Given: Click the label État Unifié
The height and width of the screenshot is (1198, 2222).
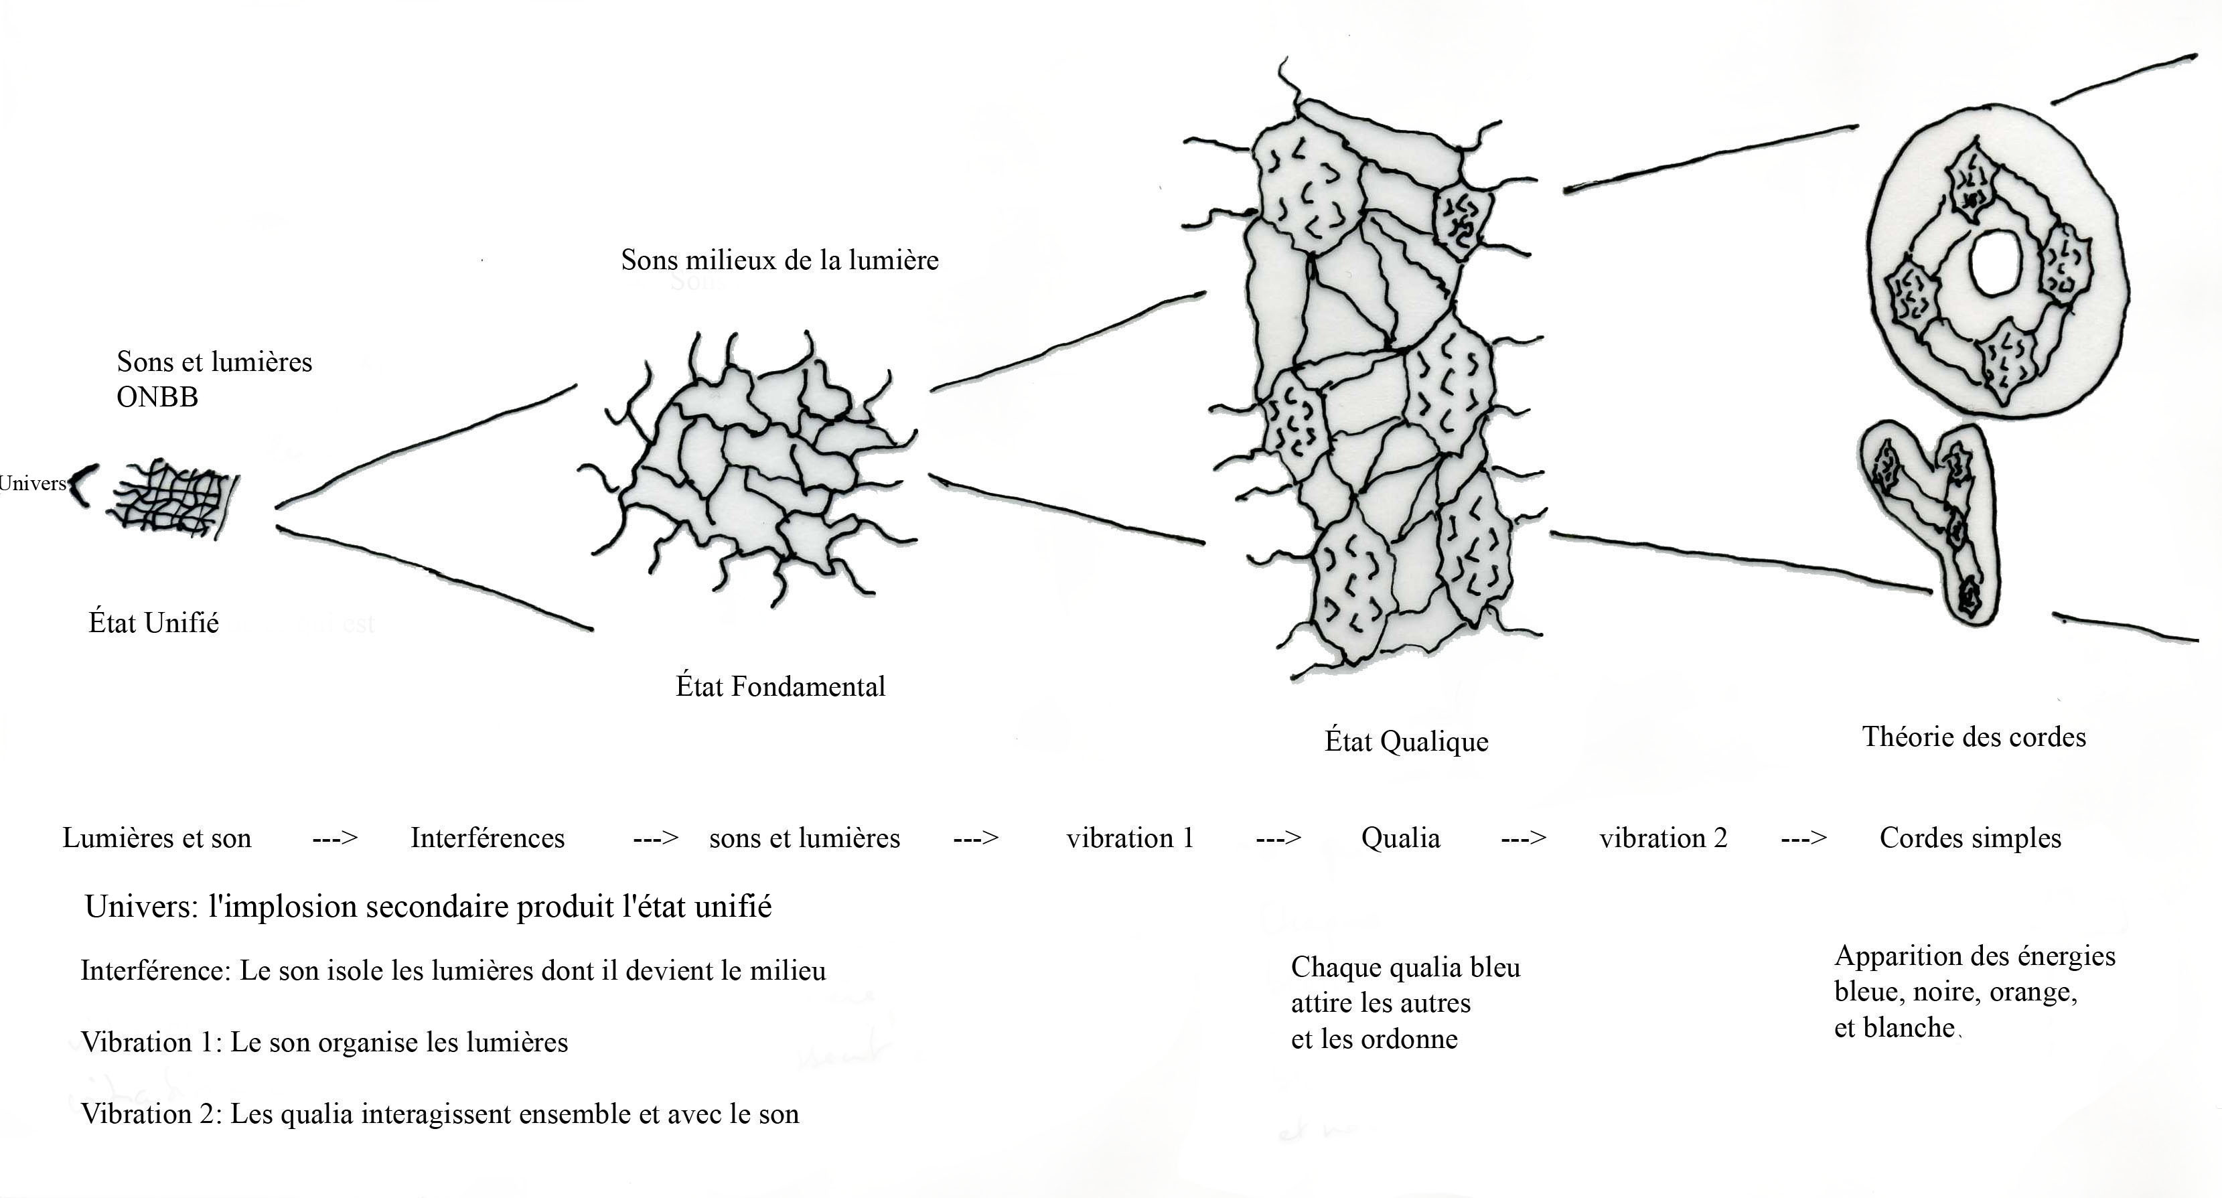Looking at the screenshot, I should click(153, 623).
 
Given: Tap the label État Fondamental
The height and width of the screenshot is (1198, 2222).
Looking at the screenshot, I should click(780, 686).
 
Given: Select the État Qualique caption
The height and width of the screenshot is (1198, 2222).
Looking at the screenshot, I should click(1406, 741).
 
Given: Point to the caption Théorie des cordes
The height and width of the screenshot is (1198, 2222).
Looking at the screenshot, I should click(1974, 737).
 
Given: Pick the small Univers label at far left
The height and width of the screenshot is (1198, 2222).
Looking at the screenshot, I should click(33, 483).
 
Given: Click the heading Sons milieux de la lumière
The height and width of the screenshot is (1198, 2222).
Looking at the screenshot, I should click(780, 260).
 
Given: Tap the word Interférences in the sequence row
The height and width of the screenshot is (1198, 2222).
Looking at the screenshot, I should click(488, 838).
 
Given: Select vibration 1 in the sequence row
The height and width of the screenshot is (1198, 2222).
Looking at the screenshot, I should click(1130, 838).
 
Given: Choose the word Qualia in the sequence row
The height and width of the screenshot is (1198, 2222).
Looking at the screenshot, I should click(1400, 838).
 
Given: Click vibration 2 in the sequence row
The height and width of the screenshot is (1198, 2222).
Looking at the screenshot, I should click(1663, 838).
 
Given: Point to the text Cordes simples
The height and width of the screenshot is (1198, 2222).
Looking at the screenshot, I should click(1970, 838).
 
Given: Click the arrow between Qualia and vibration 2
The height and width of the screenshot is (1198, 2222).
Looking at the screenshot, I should click(1524, 838).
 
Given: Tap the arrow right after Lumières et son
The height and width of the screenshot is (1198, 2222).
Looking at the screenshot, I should click(335, 838).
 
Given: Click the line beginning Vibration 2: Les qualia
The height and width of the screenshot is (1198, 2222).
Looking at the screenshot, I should click(440, 1114).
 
